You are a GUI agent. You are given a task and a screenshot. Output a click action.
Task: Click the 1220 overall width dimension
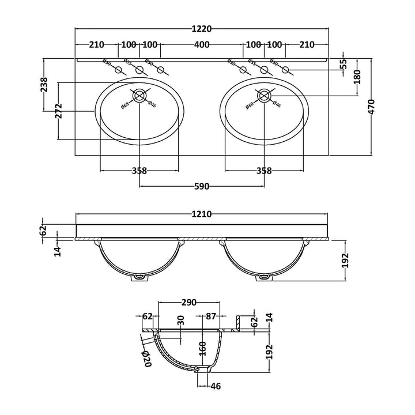coord(202,29)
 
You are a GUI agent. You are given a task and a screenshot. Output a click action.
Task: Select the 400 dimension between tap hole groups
coord(202,45)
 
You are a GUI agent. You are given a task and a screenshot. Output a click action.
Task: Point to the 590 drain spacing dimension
coord(202,186)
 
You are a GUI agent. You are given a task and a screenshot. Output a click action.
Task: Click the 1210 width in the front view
coord(202,214)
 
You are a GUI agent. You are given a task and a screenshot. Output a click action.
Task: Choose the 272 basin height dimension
coord(59,112)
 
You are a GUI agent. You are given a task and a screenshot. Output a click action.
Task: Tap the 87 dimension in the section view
coord(210,316)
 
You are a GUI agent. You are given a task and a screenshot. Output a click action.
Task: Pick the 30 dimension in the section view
coord(180,320)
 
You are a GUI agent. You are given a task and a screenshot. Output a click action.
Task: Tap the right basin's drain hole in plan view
coord(264,95)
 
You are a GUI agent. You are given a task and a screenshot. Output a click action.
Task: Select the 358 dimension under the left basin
coord(139,171)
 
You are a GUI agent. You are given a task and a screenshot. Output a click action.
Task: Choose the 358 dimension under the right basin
coord(264,171)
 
